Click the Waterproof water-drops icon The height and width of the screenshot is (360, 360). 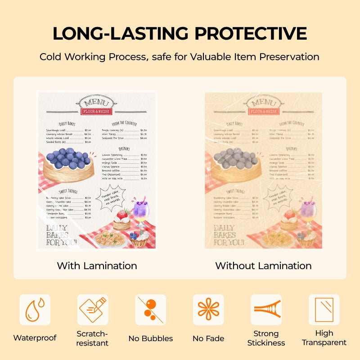35,310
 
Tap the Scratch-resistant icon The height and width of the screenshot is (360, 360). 93,310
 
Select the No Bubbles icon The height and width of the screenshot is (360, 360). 150,310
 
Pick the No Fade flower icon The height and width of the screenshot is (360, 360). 208,310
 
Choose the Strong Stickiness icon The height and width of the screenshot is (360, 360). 266,310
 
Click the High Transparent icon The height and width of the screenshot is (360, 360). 324,310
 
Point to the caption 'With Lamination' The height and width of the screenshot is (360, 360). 97,265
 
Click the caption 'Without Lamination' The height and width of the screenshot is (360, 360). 263,265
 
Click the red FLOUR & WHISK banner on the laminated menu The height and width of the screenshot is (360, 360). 97,111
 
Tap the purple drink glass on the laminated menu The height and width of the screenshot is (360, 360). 141,211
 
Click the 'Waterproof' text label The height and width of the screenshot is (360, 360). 35,338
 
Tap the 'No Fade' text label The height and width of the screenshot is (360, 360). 208,338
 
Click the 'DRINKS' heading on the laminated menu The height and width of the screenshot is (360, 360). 125,148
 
